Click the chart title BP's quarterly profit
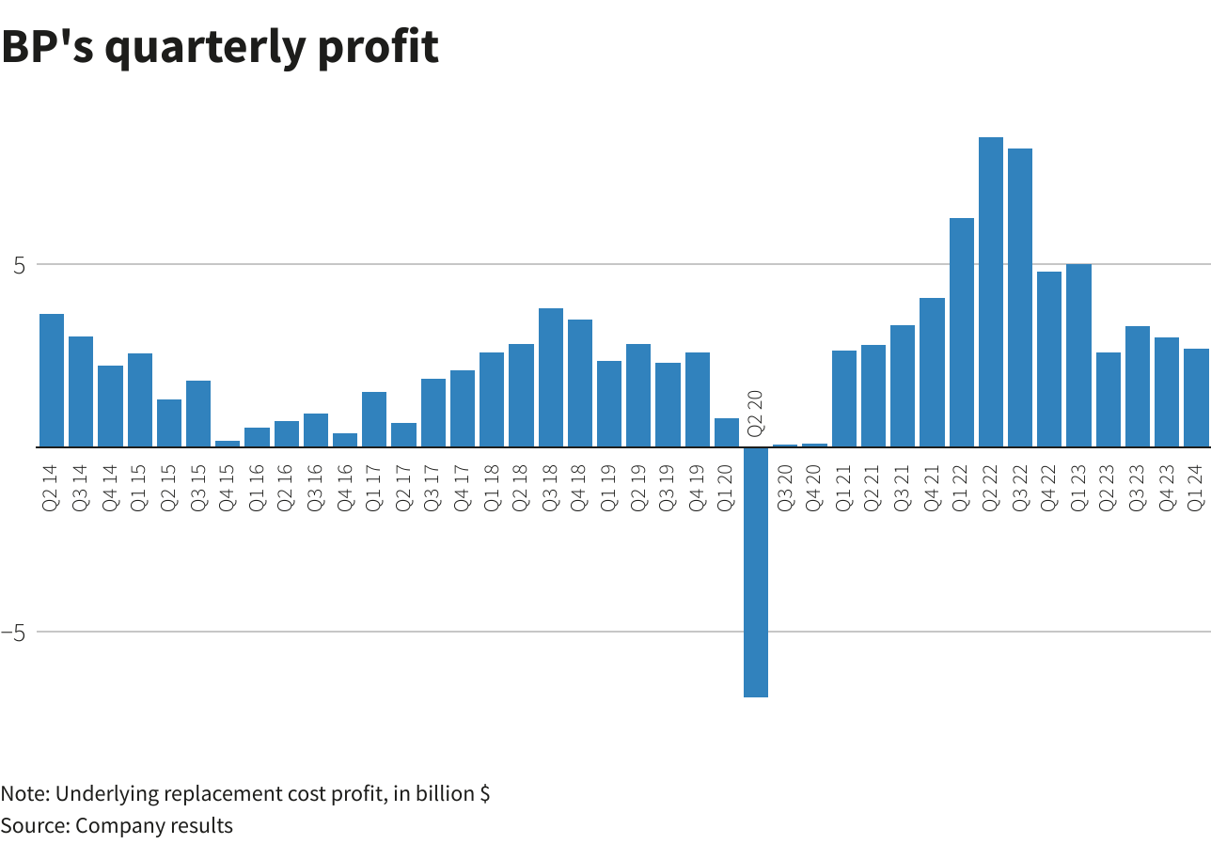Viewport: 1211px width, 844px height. point(220,47)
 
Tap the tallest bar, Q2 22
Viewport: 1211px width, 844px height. point(991,291)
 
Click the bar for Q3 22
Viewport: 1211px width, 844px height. point(1020,297)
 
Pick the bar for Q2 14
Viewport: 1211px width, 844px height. point(52,380)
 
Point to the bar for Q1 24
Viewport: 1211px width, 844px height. point(1196,398)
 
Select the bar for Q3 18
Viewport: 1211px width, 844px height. point(551,377)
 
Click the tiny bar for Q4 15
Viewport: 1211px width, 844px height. point(228,444)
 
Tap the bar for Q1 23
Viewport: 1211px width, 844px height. point(1078,355)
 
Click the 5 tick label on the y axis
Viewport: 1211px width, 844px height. point(18,265)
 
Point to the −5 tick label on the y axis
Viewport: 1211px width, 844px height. point(13,633)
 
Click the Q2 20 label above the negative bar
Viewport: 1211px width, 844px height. point(755,412)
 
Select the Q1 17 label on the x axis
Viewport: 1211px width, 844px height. point(374,482)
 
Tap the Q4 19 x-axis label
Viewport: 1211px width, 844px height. point(697,482)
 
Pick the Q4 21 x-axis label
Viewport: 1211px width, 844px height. point(932,482)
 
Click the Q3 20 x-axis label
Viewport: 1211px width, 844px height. point(785,482)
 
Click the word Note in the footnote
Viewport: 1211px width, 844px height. point(24,793)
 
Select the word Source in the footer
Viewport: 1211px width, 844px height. point(33,826)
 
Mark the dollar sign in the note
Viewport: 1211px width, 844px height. point(484,793)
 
